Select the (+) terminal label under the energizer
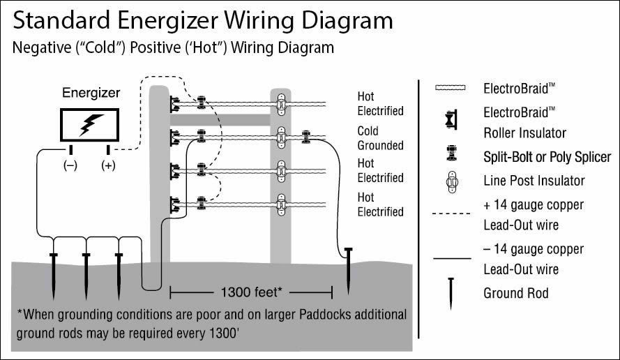108,165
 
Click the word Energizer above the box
91,92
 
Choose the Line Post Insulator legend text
534,181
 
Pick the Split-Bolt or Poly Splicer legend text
547,157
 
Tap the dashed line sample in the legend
452,213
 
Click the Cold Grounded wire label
380,138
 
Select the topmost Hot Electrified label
380,104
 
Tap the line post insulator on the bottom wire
280,205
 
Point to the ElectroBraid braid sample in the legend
452,89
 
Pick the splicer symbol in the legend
451,156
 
